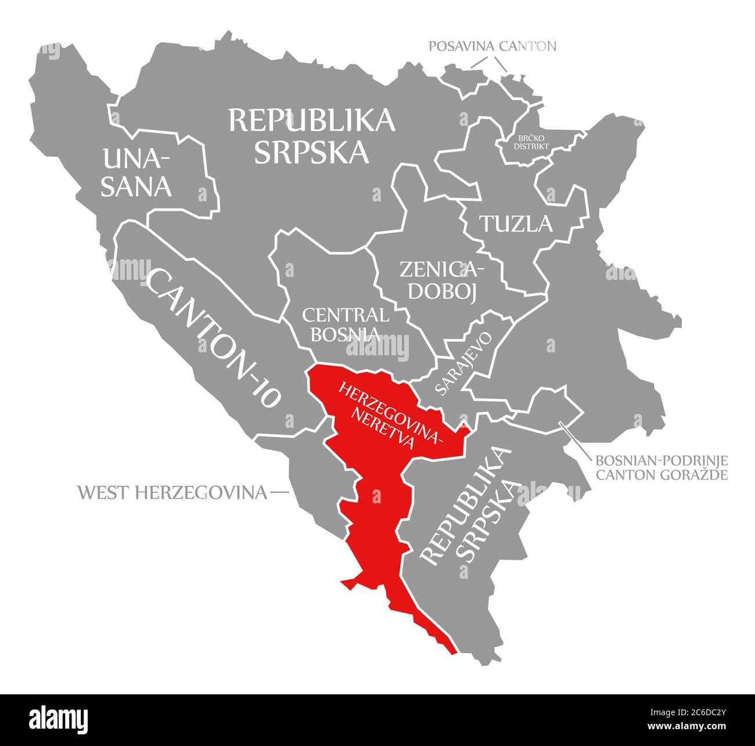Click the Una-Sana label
(x=137, y=172)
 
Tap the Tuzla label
(x=515, y=224)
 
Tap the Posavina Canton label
(x=492, y=46)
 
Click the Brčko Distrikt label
(x=531, y=142)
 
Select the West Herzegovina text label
(x=172, y=493)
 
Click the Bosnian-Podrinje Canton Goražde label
(x=661, y=468)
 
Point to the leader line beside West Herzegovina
(x=279, y=493)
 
